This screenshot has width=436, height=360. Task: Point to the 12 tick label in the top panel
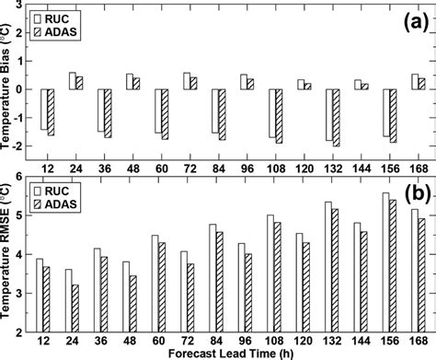tap(44, 167)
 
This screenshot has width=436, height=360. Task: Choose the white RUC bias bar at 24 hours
tap(71, 81)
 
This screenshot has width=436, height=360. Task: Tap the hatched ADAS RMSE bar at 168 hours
tap(424, 271)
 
